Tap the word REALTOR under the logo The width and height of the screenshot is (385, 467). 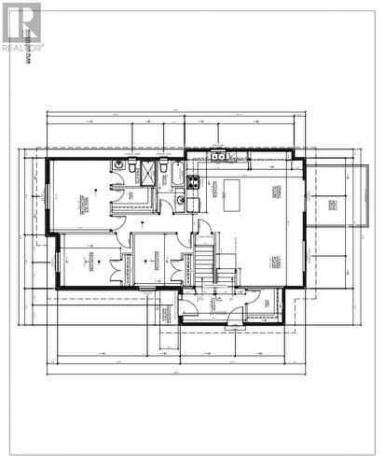point(21,46)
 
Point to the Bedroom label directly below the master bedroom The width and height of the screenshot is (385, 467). point(91,259)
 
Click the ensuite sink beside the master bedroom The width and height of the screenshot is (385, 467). point(118,166)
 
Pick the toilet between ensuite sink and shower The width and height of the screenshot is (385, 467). point(133,165)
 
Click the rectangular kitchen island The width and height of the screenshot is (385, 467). point(229,195)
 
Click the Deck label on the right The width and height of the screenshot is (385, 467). point(332,205)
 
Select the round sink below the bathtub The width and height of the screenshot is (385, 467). point(180,199)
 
